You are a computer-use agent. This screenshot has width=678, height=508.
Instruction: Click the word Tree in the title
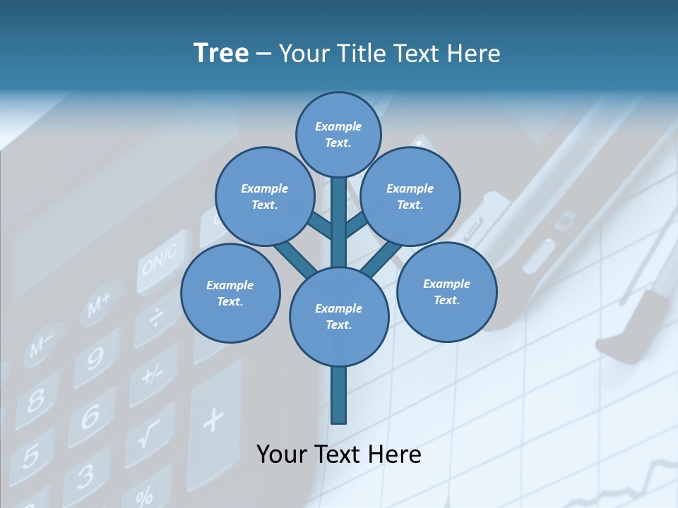tap(221, 54)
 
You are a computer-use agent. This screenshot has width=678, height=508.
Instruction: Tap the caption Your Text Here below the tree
tap(338, 454)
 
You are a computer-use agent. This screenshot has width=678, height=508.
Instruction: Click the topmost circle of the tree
tap(338, 134)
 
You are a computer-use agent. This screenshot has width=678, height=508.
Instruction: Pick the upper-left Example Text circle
tap(265, 197)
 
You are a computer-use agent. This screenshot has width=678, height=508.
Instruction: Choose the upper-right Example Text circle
tap(410, 197)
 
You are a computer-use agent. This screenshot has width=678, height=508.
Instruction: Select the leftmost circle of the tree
tap(230, 293)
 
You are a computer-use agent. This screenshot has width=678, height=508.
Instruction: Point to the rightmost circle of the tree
tap(446, 291)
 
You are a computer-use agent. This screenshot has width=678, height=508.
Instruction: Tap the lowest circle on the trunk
tap(339, 317)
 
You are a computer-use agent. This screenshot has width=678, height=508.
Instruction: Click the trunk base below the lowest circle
tap(339, 395)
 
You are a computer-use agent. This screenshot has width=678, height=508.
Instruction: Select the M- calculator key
tap(41, 346)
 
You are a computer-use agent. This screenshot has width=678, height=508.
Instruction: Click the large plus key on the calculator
tap(212, 421)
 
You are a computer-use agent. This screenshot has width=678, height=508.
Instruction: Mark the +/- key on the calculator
tap(152, 373)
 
